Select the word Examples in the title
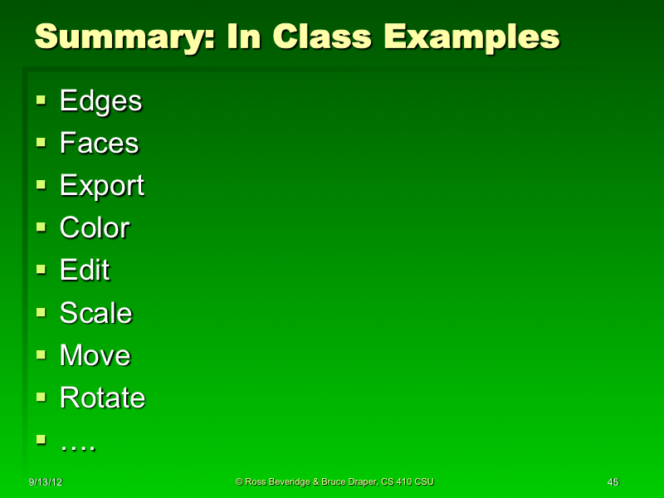470,37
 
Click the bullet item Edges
100,101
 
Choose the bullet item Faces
99,144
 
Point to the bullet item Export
101,186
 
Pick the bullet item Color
95,228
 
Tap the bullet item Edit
85,271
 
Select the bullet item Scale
95,313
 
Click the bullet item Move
95,355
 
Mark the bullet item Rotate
102,398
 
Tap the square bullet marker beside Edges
41,100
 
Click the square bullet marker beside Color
41,227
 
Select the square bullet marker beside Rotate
41,397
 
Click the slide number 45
613,482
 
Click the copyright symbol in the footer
239,481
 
